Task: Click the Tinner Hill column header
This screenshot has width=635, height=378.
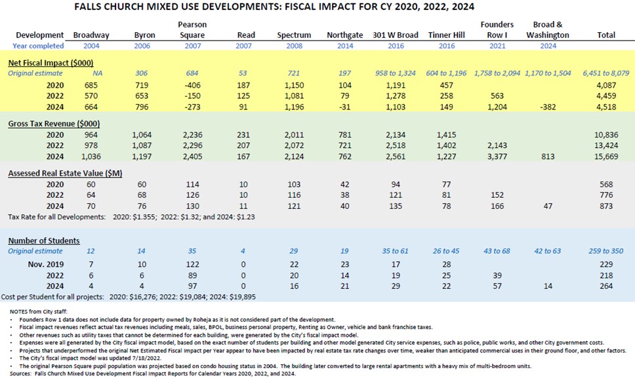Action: pyautogui.click(x=446, y=35)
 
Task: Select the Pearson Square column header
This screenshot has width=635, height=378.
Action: pyautogui.click(x=192, y=29)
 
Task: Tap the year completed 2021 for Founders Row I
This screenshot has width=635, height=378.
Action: pyautogui.click(x=497, y=46)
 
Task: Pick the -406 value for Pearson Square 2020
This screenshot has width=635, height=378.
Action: pyautogui.click(x=192, y=85)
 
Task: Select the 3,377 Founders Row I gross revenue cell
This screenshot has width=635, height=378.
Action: pyautogui.click(x=497, y=157)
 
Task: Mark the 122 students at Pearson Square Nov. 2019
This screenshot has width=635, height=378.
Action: pyautogui.click(x=192, y=263)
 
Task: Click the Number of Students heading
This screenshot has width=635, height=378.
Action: pyautogui.click(x=43, y=240)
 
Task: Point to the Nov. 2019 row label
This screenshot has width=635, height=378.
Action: pyautogui.click(x=47, y=263)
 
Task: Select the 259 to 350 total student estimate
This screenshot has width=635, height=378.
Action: pyautogui.click(x=602, y=252)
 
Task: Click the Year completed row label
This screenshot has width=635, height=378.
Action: pyautogui.click(x=38, y=46)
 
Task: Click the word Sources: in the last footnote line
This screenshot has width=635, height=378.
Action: pyautogui.click(x=23, y=372)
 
